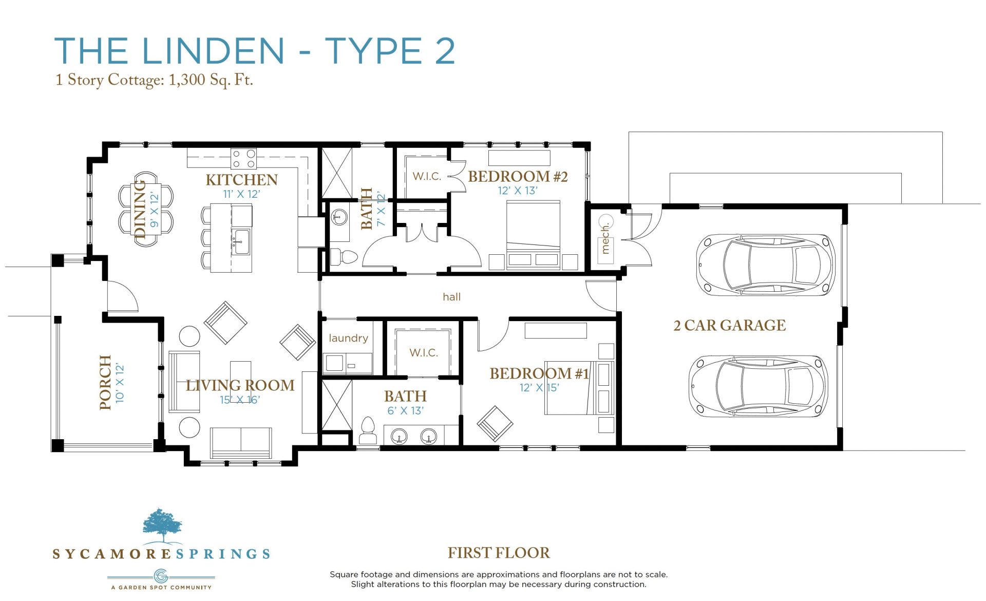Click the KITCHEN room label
pyautogui.click(x=241, y=180)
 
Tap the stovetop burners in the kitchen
pyautogui.click(x=243, y=159)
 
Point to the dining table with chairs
pyautogui.click(x=146, y=209)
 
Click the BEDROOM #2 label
pyautogui.click(x=518, y=177)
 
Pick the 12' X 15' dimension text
pyautogui.click(x=539, y=388)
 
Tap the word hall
pyautogui.click(x=451, y=297)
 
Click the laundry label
pyautogui.click(x=348, y=338)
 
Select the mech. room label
pyautogui.click(x=605, y=238)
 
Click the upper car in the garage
pyautogui.click(x=765, y=265)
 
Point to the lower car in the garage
pyautogui.click(x=758, y=385)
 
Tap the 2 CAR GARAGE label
pyautogui.click(x=729, y=325)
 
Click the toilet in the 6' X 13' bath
pyautogui.click(x=368, y=430)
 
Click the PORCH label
pyautogui.click(x=105, y=382)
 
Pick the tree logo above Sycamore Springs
pyautogui.click(x=162, y=525)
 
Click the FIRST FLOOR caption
pyautogui.click(x=499, y=553)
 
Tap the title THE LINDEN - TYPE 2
pyautogui.click(x=255, y=51)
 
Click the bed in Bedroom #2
pyautogui.click(x=533, y=235)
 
